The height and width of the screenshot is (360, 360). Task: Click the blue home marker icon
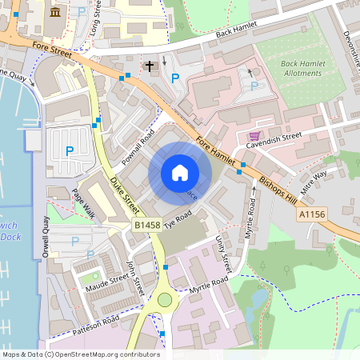tap(179, 173)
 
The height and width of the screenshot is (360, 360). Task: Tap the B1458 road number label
tap(146, 228)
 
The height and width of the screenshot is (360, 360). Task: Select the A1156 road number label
tap(314, 215)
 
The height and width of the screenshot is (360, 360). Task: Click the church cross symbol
tap(149, 64)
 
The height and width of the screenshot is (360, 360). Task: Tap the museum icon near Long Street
tap(54, 12)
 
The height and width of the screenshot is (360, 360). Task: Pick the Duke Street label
tap(124, 194)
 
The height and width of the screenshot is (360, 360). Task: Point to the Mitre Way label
tap(313, 179)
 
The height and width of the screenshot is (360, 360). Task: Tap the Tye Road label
tap(177, 219)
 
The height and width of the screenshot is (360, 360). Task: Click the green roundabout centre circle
tap(165, 300)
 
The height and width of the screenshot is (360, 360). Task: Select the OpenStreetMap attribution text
tap(81, 354)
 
